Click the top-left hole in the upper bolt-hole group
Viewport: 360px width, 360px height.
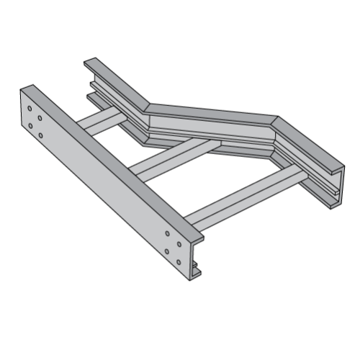pos(30,109)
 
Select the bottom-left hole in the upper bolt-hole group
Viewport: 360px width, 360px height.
pos(30,126)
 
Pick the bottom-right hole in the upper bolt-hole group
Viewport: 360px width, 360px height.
pos(40,135)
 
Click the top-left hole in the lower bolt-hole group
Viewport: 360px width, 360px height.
pos(167,233)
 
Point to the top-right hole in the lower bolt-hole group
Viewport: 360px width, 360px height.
pos(178,243)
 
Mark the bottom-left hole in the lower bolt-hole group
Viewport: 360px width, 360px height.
pos(167,251)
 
